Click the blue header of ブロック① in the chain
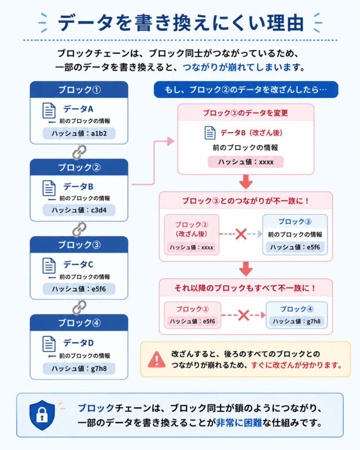(x=79, y=90)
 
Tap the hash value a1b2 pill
(x=79, y=134)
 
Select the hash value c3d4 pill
(x=79, y=210)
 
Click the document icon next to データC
(x=49, y=265)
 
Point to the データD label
(x=78, y=343)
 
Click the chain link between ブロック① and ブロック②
(x=79, y=152)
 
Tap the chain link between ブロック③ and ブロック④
(x=79, y=307)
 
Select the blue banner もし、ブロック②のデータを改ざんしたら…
(x=246, y=90)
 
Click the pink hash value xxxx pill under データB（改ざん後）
(x=246, y=162)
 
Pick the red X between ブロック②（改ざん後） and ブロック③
(x=241, y=234)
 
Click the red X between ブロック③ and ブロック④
(x=244, y=315)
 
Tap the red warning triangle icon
(x=156, y=359)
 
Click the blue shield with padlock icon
(x=42, y=415)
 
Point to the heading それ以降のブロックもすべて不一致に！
(x=246, y=288)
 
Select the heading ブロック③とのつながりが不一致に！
(x=246, y=200)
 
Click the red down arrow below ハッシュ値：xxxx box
(x=246, y=181)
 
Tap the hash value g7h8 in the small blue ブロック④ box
(x=297, y=321)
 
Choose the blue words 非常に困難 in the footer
(x=239, y=422)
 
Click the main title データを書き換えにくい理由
(x=181, y=23)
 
